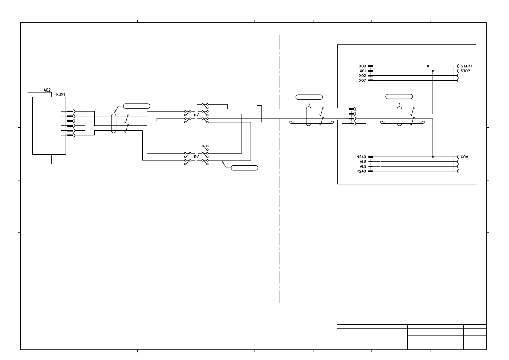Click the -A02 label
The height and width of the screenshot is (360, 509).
click(45, 90)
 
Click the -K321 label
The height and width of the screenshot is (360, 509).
click(59, 94)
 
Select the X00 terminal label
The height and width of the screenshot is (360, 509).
click(362, 66)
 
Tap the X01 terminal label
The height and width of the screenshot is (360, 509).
click(363, 71)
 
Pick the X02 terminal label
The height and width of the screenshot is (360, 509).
click(362, 76)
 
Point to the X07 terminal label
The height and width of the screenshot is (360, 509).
click(362, 80)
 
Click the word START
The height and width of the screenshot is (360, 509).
click(466, 66)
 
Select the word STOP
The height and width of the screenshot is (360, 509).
click(465, 71)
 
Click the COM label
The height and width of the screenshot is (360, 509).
click(465, 157)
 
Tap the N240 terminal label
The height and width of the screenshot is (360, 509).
click(361, 157)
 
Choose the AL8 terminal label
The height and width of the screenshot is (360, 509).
click(363, 162)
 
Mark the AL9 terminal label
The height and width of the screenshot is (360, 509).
click(363, 167)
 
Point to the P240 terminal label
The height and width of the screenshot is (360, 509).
click(361, 171)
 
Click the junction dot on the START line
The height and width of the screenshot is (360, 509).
click(428, 66)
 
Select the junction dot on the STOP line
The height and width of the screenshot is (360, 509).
click(433, 71)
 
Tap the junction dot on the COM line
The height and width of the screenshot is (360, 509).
click(433, 157)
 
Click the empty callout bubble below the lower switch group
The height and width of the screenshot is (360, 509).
click(245, 168)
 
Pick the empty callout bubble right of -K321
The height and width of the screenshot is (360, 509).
click(137, 106)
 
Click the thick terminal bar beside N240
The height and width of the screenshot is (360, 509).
click(371, 157)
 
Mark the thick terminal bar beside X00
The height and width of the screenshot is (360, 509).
click(371, 66)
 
